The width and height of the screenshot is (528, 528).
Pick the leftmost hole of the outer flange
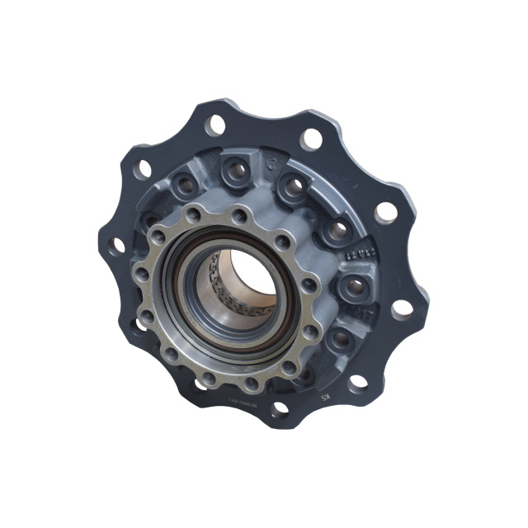point(118,245)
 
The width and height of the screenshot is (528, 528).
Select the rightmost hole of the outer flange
point(401,308)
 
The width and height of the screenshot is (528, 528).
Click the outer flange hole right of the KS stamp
point(356,382)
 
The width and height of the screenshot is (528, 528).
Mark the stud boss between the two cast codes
point(350,286)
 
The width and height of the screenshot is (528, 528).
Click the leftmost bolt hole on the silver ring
point(141,272)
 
